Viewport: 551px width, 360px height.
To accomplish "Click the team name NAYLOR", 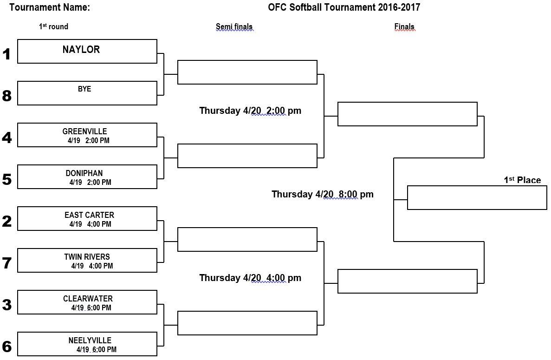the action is (81, 50).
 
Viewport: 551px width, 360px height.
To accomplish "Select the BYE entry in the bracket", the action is (84, 89).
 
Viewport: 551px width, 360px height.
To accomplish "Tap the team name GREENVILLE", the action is (84, 131).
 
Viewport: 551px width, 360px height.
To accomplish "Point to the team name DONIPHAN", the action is (84, 173).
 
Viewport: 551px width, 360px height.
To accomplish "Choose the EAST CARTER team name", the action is (89, 215).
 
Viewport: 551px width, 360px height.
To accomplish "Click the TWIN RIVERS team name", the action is (87, 257).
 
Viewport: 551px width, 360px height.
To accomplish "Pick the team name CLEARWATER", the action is (88, 299).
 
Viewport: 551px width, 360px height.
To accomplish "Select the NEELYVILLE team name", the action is (90, 340).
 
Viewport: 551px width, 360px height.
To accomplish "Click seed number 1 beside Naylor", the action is (6, 54).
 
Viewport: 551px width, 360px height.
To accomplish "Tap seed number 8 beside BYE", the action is (6, 96).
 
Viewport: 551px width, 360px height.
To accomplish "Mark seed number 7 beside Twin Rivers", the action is (6, 263).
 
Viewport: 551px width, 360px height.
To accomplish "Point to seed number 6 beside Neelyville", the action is (6, 347).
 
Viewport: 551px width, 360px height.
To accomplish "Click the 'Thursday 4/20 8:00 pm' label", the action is (323, 195).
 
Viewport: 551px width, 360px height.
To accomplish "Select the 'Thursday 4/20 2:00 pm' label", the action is (250, 111).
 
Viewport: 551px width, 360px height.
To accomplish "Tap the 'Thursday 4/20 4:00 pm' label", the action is (250, 278).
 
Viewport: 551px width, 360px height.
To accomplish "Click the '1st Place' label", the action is (523, 180).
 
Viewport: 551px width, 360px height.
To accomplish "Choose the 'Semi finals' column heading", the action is (234, 27).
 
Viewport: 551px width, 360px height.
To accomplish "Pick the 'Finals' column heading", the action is (404, 27).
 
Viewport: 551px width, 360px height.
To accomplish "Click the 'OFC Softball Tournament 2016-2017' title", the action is (344, 7).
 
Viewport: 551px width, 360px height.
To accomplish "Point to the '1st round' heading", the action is (53, 26).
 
